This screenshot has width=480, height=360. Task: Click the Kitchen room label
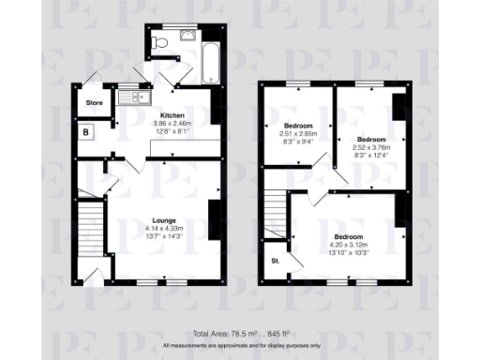tap(172, 114)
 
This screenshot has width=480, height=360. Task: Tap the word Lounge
tap(166, 220)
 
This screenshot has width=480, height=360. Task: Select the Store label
tap(94, 102)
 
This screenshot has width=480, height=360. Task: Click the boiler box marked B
tap(86, 133)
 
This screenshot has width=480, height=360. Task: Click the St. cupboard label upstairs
tap(276, 260)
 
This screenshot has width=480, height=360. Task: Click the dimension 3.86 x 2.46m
tap(172, 123)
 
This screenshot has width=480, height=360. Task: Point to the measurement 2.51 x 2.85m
tap(298, 134)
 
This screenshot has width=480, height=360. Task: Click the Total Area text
tap(240, 334)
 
